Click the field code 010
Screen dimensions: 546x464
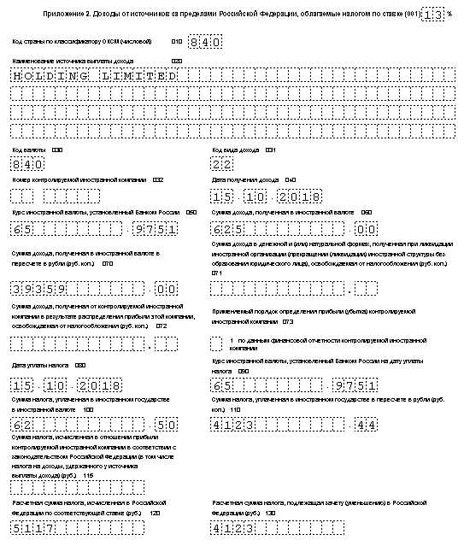[176, 41]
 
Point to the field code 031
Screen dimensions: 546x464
[270, 150]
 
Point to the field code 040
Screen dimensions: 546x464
[291, 180]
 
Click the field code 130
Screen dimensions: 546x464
[270, 513]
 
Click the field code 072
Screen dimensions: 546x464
[161, 326]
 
